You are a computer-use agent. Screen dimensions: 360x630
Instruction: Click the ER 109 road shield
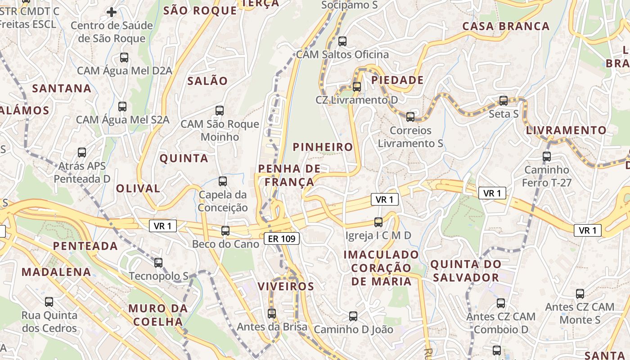click(x=282, y=238)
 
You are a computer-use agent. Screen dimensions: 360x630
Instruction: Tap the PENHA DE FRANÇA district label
click(x=289, y=175)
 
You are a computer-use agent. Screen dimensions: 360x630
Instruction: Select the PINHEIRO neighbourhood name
click(x=323, y=147)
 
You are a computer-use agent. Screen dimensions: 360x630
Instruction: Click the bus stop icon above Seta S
click(x=504, y=101)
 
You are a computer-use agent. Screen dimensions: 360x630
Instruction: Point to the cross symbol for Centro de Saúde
click(x=112, y=12)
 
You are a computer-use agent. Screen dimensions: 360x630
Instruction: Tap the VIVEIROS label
click(x=286, y=286)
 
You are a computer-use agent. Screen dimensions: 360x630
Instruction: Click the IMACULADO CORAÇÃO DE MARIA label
click(x=381, y=268)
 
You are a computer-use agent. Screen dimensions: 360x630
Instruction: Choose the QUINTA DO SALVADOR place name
click(x=465, y=270)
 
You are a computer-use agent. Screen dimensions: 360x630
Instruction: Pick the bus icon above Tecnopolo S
click(x=158, y=262)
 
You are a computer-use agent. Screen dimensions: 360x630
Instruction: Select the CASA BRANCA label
click(x=506, y=26)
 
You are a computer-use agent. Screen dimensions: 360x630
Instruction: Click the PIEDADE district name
click(x=397, y=81)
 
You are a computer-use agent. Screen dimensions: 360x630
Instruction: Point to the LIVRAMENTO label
click(x=566, y=130)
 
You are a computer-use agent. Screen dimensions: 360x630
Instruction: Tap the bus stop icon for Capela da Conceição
click(x=223, y=181)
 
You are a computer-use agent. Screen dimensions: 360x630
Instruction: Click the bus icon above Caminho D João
click(x=353, y=316)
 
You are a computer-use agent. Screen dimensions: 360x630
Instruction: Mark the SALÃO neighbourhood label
click(x=207, y=81)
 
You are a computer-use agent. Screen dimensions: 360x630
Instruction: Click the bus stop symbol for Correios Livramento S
click(x=410, y=117)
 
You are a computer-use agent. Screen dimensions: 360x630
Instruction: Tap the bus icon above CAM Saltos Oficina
click(x=342, y=41)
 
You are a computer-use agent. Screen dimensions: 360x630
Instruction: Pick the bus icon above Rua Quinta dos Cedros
click(x=49, y=302)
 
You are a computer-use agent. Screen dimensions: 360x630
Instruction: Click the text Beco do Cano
click(x=225, y=244)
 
